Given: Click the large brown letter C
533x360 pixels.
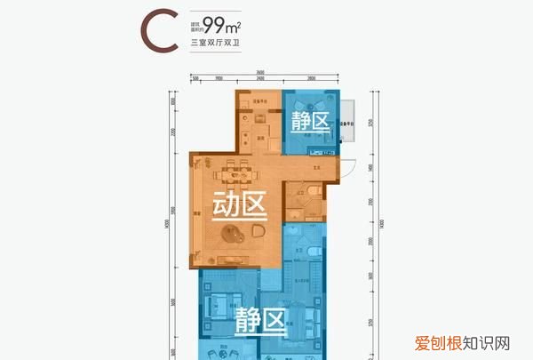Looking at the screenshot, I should pos(156,30).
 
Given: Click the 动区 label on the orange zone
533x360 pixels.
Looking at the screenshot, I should pos(240,206).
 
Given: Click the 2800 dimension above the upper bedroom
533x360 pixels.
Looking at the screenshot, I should pos(311,79).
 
